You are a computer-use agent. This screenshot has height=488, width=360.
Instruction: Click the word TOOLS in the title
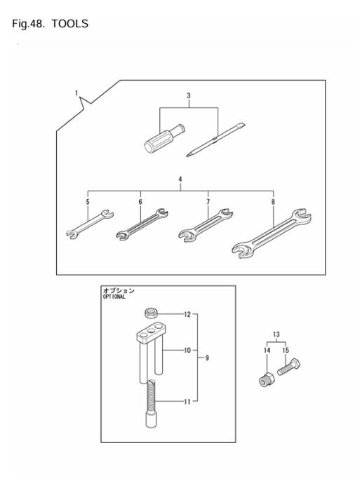[x=69, y=25]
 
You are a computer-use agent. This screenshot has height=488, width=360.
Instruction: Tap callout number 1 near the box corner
[x=76, y=93]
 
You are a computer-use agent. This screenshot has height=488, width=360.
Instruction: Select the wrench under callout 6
[x=142, y=224]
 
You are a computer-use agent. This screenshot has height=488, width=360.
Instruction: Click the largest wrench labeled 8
[x=270, y=232]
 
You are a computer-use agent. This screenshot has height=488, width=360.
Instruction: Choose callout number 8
[x=273, y=202]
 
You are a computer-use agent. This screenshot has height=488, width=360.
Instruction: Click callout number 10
[x=187, y=349]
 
